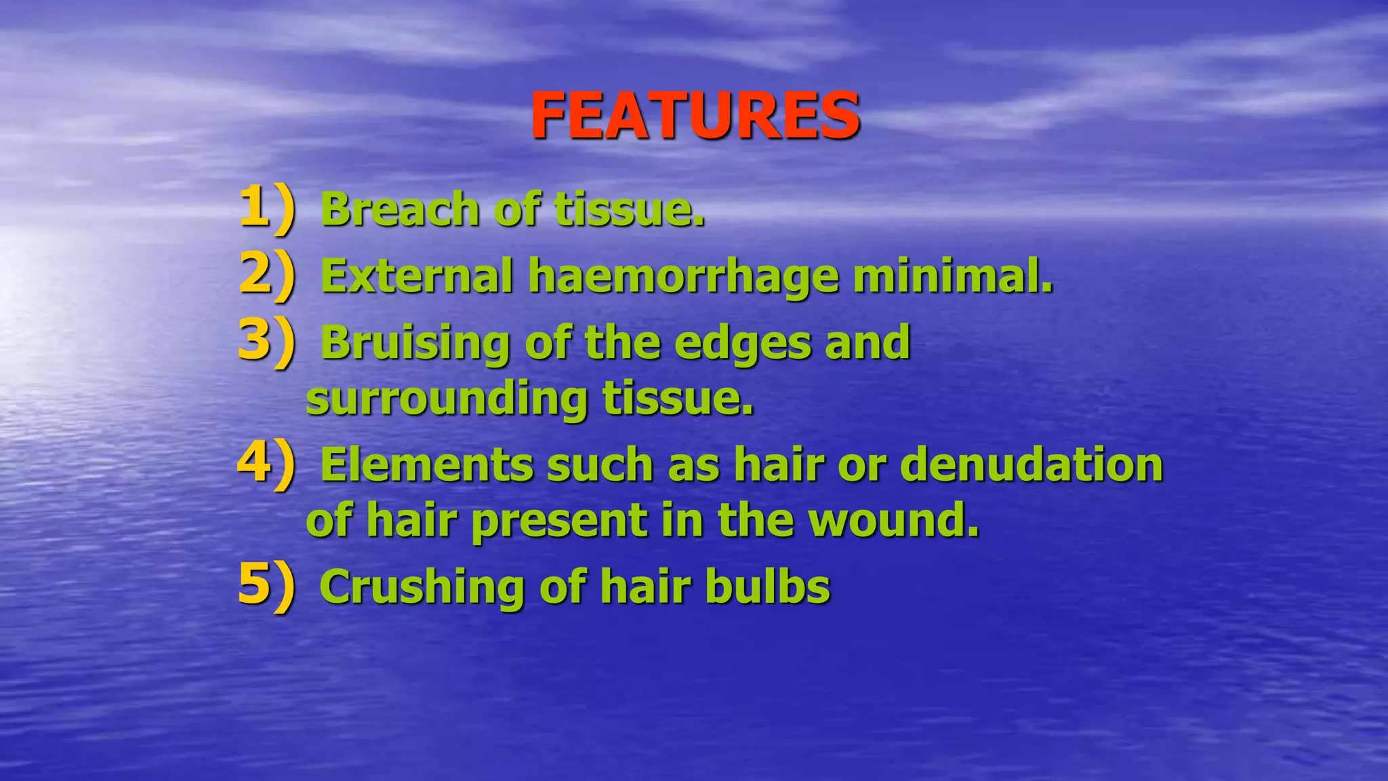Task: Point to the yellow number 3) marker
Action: point(267,341)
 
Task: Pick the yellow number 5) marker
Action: point(267,585)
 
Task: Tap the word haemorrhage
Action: point(682,277)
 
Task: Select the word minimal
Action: point(952,276)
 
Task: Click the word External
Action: point(416,276)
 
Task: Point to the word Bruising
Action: point(415,343)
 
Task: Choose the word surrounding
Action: point(447,399)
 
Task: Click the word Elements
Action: point(426,465)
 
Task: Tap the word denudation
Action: point(1031,465)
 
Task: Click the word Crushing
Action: point(421,586)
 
